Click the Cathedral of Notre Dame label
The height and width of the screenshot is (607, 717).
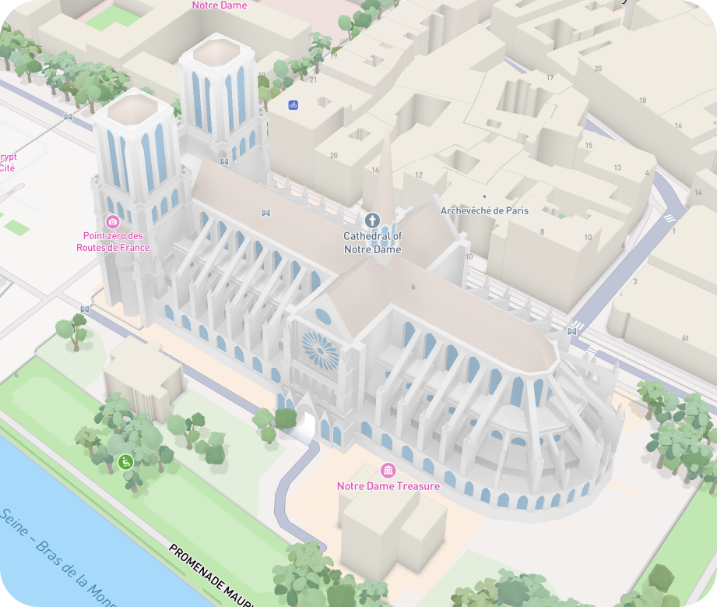click(373, 242)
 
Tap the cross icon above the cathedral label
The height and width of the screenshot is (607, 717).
click(372, 221)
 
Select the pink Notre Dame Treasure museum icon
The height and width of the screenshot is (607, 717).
click(388, 471)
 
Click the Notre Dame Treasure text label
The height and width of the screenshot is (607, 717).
click(388, 486)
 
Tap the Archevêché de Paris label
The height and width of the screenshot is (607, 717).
click(484, 210)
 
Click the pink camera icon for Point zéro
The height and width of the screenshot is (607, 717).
click(113, 221)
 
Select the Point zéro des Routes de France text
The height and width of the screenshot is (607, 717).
click(113, 242)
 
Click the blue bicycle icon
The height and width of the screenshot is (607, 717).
click(293, 104)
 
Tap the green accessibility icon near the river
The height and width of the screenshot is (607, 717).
click(125, 462)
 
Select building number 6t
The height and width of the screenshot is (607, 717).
click(686, 337)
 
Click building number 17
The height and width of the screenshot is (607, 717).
click(550, 77)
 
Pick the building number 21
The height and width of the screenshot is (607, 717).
click(314, 79)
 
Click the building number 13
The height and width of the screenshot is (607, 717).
click(617, 168)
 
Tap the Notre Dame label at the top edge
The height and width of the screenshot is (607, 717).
click(219, 5)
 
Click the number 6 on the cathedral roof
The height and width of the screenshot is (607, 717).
click(413, 287)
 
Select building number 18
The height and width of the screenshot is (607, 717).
click(642, 101)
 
